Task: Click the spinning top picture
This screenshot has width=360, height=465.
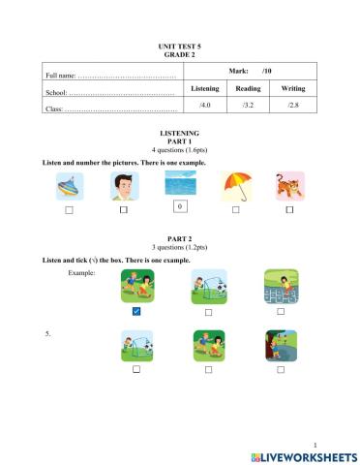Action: tap(69, 186)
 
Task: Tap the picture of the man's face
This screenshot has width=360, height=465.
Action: tap(124, 186)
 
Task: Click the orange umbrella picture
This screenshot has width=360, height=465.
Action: tap(235, 186)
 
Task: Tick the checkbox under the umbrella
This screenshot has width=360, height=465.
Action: tap(235, 209)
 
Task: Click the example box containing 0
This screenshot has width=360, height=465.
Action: tap(179, 205)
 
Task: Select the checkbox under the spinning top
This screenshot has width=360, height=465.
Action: tap(69, 209)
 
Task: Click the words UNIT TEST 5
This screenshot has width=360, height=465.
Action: tap(179, 46)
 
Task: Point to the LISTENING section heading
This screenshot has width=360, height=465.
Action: tap(179, 132)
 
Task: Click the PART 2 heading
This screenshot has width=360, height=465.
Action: tap(179, 238)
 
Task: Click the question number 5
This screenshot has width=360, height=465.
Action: tap(48, 332)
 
